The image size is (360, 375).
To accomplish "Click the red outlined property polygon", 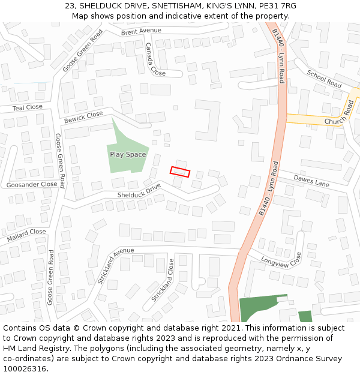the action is point(180,172).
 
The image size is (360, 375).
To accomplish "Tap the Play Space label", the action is point(128,155).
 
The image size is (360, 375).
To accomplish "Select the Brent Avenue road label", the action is point(141,31).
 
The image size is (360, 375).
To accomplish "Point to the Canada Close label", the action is point(155,59).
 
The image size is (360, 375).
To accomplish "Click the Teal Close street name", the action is point(28,107).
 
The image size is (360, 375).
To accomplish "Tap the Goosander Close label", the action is point(32,185).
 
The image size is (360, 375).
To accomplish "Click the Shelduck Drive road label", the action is point(139,191).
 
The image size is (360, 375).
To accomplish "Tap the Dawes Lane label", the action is point(312,180).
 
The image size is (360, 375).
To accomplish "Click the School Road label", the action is point(324,79).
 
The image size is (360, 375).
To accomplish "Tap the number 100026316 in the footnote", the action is point(26,368).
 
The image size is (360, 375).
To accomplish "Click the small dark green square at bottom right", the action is point(305,317).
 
